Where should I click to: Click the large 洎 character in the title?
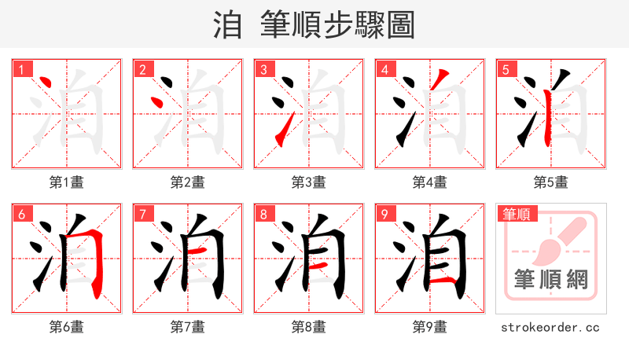tap(227, 25)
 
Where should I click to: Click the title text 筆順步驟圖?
tap(337, 25)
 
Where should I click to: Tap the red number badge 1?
tap(21, 70)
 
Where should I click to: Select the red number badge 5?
tap(506, 70)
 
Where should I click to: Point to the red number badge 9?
tap(384, 215)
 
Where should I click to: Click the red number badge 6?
tap(21, 215)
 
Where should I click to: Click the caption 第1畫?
tap(67, 182)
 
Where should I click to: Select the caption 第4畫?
tap(430, 182)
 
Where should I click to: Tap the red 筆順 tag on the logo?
tap(518, 214)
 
